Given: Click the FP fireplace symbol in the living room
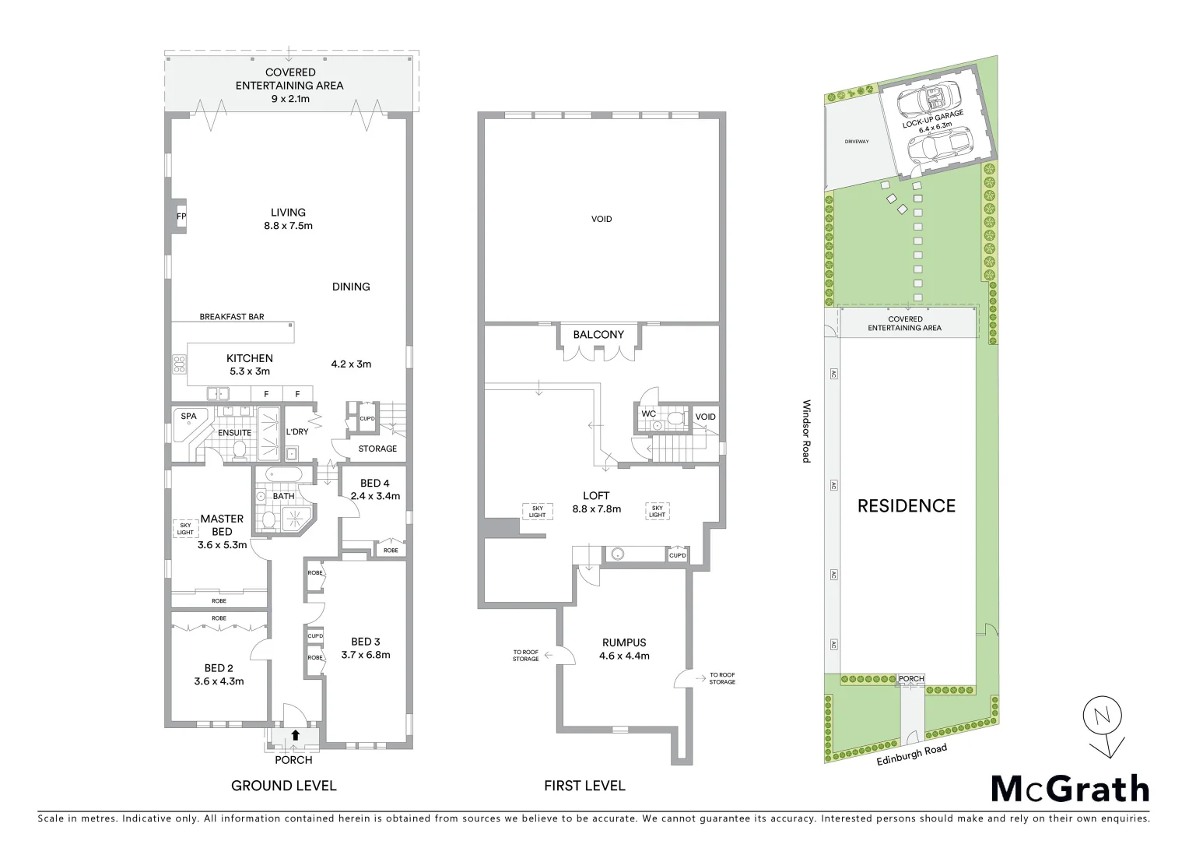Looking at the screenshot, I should click(x=181, y=216).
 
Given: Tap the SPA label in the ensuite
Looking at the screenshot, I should click(x=188, y=417).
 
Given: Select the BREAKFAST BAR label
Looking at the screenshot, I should click(x=231, y=317).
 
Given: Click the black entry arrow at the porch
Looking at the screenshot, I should click(x=296, y=734).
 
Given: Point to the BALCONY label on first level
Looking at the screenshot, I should click(x=598, y=335).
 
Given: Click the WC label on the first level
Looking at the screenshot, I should click(x=649, y=413).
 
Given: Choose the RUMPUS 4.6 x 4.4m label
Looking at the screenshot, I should click(x=623, y=649).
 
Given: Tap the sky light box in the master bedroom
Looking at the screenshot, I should click(x=185, y=529).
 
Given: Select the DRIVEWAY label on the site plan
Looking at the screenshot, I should click(x=856, y=142).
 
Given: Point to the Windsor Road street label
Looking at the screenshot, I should click(x=807, y=431).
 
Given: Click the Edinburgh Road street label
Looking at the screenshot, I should click(x=911, y=755).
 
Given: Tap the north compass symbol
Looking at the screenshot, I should click(x=1103, y=724).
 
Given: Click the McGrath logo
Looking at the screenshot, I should click(x=1070, y=789).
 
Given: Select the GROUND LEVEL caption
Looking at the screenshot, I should click(x=283, y=786).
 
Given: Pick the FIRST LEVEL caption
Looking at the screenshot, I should click(x=584, y=786).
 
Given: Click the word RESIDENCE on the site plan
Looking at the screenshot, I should click(x=906, y=506).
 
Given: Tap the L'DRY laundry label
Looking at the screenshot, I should click(x=297, y=432).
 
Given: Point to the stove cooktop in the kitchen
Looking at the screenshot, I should click(x=179, y=364).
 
